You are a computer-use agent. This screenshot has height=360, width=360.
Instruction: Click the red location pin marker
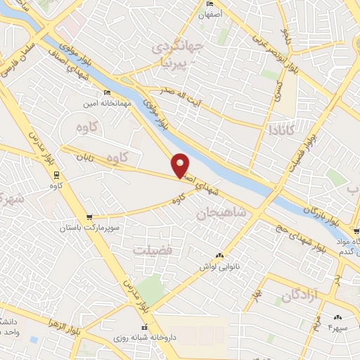point(181,165)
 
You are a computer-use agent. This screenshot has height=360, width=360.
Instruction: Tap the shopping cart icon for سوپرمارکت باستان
point(89,217)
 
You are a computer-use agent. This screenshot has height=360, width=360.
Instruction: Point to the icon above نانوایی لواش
point(220,255)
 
